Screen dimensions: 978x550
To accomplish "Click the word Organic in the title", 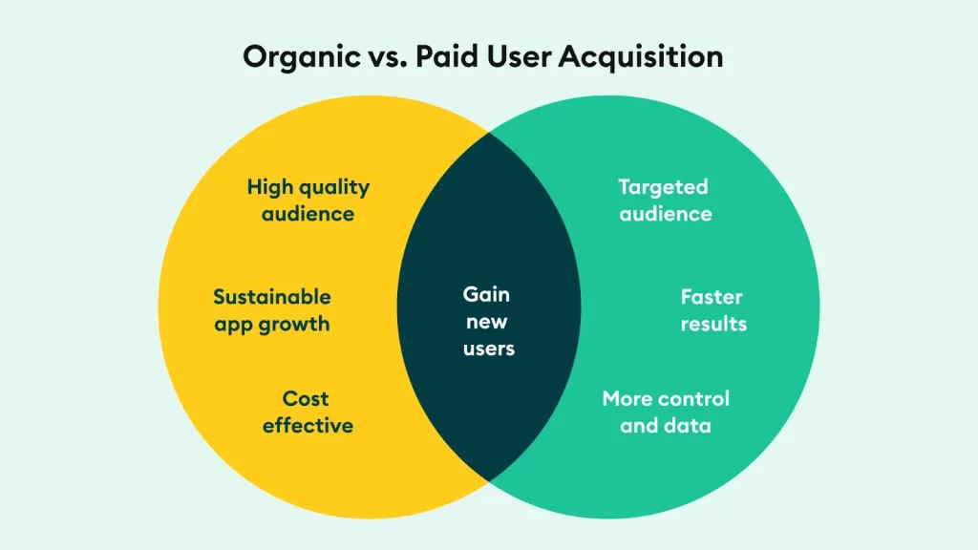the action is tap(302, 57).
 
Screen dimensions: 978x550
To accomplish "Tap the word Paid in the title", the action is tap(447, 56).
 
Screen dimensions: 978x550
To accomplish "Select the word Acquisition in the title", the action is tap(641, 57).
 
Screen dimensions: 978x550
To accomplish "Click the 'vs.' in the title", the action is tap(389, 58).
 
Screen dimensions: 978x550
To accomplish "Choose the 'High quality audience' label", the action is tap(308, 201).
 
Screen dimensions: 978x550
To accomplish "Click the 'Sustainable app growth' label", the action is tap(272, 310).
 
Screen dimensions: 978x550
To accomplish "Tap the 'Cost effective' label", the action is tap(308, 412).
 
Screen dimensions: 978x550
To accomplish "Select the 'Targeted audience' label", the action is tap(665, 201).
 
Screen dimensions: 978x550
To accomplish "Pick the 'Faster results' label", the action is tap(713, 310).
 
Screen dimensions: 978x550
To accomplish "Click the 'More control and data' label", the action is tap(666, 412).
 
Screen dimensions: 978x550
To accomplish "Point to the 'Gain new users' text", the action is tap(488, 321).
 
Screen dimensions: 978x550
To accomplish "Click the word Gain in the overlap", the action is tap(486, 294).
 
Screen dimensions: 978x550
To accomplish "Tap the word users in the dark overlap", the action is tap(489, 349).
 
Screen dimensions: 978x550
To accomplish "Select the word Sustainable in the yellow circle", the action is tap(272, 297).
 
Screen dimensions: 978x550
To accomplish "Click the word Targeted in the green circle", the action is tap(663, 188).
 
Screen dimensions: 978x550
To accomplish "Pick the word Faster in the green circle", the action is tap(712, 297).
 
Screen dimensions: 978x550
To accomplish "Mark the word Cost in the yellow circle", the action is tap(306, 398).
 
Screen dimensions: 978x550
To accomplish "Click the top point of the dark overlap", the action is tap(489, 133).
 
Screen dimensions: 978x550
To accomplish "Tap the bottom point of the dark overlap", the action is tap(489, 481).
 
